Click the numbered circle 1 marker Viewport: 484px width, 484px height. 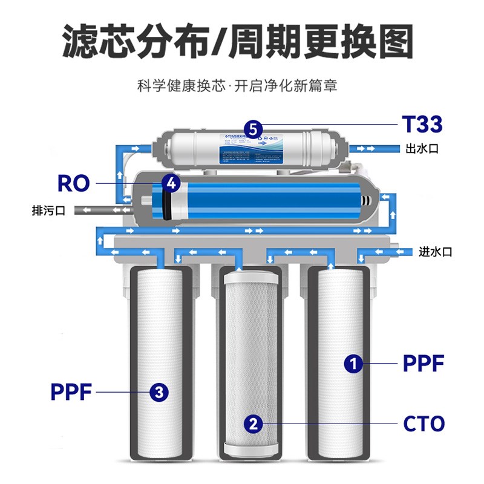point(353,364)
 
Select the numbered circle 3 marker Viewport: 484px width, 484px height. point(159,392)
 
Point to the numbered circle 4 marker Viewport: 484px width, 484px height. point(171,183)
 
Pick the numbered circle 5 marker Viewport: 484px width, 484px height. point(253,128)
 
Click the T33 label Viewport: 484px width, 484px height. point(422,125)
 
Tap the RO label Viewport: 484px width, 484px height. point(73,183)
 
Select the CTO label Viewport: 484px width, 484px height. point(423,423)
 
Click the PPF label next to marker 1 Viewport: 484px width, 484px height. point(423,364)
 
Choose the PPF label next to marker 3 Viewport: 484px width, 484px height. point(71,392)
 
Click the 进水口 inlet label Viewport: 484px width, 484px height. point(436,252)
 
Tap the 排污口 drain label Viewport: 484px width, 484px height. point(48,211)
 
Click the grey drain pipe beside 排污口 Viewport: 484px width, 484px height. point(100,211)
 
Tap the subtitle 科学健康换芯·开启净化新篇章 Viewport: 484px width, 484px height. point(237,85)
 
